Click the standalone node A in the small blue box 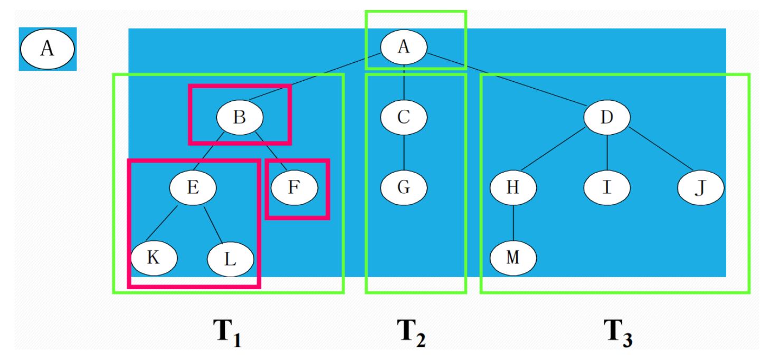coord(47,49)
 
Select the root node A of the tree coord(404,46)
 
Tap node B coord(240,117)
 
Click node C coord(404,117)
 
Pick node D coord(607,117)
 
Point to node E coord(193,187)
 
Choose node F coord(294,187)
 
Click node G coord(404,187)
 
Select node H coord(513,187)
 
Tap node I coord(607,187)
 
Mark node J coord(701,187)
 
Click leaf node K coord(154,258)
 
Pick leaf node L coord(231,259)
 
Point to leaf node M coord(513,258)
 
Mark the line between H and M coord(513,223)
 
